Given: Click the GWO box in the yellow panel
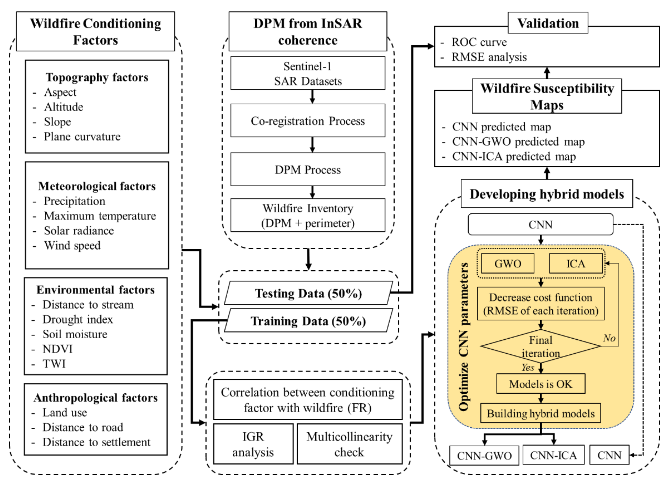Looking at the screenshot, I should point(508,263).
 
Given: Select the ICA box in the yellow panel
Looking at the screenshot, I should point(575,263).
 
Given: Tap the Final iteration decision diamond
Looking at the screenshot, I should point(541,346).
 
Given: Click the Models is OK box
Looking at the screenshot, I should point(541,384).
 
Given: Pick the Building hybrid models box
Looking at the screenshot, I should point(541,413).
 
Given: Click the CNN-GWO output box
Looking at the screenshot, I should point(484,455).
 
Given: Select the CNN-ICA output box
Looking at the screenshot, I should point(553,455).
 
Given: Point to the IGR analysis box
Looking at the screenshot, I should point(253,444).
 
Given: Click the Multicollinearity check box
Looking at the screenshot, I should point(349,444).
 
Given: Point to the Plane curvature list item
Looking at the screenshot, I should point(82,137).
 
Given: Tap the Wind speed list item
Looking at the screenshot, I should point(72,245).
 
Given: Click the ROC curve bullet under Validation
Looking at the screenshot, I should point(479,42).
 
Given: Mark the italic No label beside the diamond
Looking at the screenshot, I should point(609,338).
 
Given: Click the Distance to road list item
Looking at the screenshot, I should point(83,427).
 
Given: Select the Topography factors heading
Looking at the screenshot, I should point(97,77).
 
